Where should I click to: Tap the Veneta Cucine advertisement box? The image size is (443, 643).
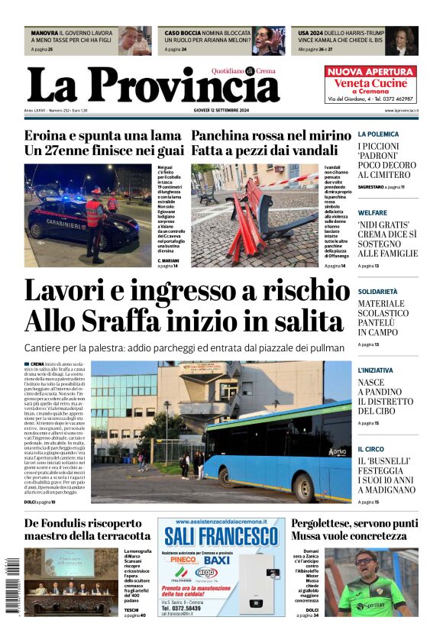click(x=370, y=85)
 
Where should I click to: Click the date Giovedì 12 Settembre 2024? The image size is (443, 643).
click(x=222, y=111)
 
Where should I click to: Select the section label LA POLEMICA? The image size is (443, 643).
click(x=378, y=134)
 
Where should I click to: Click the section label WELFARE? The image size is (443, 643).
click(x=373, y=212)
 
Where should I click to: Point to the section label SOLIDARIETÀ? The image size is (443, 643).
click(x=379, y=292)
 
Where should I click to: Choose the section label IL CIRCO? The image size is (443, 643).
click(x=371, y=449)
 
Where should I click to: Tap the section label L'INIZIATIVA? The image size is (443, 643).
click(x=376, y=370)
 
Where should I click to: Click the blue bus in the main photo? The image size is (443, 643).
click(x=275, y=451)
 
